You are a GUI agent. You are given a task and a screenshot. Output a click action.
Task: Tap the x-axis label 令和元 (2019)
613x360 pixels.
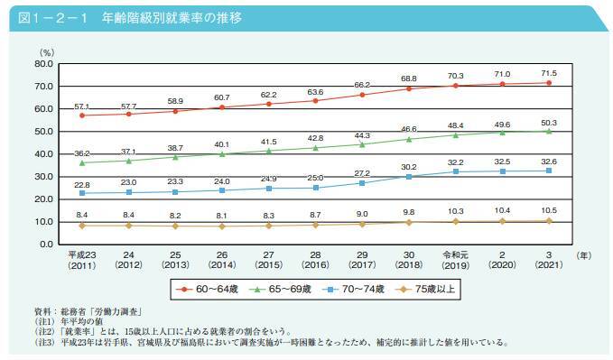pyautogui.click(x=455, y=261)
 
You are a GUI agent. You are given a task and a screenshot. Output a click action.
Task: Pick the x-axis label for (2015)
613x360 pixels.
pyautogui.click(x=269, y=266)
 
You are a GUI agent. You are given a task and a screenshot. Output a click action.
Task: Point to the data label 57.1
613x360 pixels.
pyautogui.click(x=83, y=106)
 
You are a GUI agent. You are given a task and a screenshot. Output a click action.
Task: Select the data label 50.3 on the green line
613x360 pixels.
pyautogui.click(x=548, y=122)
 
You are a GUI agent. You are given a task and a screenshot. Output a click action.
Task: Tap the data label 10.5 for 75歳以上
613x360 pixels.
pyautogui.click(x=548, y=210)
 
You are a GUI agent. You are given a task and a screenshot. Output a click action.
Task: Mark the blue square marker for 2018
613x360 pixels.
pyautogui.click(x=409, y=177)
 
